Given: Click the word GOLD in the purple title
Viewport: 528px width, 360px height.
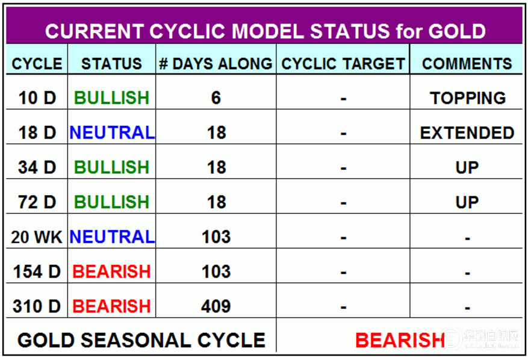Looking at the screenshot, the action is click(x=457, y=31).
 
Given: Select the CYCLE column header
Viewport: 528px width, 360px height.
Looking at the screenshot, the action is click(x=37, y=64).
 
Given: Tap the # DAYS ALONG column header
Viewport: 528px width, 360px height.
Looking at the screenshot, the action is click(x=216, y=64).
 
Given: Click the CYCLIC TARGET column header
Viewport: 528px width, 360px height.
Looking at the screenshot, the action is click(x=343, y=64).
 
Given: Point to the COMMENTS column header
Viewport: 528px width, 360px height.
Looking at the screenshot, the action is click(x=467, y=64).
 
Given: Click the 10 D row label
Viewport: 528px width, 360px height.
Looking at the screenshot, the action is click(x=37, y=98).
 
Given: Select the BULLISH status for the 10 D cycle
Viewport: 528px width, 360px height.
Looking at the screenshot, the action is click(x=111, y=98).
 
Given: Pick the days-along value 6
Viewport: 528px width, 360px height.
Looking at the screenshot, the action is click(x=216, y=98).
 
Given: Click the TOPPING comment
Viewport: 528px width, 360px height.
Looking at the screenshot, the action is click(x=468, y=98).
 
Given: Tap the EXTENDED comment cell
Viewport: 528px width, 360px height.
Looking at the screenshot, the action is click(x=467, y=132).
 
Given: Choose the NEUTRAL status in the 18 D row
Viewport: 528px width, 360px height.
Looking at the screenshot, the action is click(x=112, y=132).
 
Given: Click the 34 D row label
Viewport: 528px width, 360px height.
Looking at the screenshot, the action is click(x=37, y=167).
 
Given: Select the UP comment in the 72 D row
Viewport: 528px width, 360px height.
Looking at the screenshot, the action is click(x=467, y=202).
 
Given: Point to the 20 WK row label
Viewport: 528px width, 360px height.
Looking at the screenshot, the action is click(x=36, y=237).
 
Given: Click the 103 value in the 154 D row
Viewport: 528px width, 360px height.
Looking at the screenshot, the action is click(x=216, y=272).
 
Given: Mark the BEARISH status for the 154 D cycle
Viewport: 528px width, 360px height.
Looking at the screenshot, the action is click(x=111, y=272).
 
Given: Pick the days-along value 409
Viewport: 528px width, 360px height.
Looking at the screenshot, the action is click(x=216, y=306).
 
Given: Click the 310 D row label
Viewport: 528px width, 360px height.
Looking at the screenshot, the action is click(x=36, y=306).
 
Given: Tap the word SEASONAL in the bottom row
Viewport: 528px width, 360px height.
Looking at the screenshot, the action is click(x=135, y=340).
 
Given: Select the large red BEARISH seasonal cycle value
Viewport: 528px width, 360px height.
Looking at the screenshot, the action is click(x=400, y=340).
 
